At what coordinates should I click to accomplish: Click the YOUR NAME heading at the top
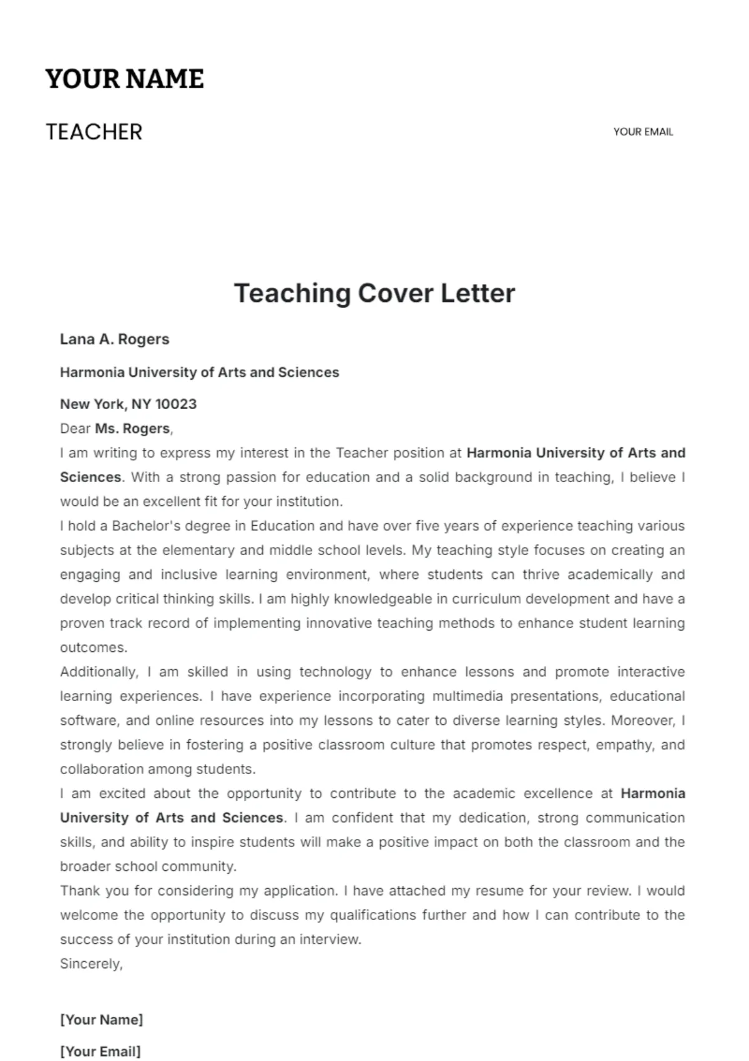coord(124,79)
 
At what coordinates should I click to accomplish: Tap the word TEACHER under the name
coord(94,132)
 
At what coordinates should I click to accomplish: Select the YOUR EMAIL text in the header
coord(643,132)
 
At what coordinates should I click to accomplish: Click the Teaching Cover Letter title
coord(374,293)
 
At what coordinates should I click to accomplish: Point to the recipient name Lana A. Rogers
coord(114,339)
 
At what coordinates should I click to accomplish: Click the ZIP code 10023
coord(175,404)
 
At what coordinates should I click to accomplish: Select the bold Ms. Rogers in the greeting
coord(132,429)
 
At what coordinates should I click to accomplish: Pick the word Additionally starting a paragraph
coord(99,672)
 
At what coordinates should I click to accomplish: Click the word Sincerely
coord(91,964)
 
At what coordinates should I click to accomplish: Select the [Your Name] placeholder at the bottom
coord(101,1020)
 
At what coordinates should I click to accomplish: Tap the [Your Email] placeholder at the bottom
coord(100,1051)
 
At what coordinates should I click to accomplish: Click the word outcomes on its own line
coord(93,647)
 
